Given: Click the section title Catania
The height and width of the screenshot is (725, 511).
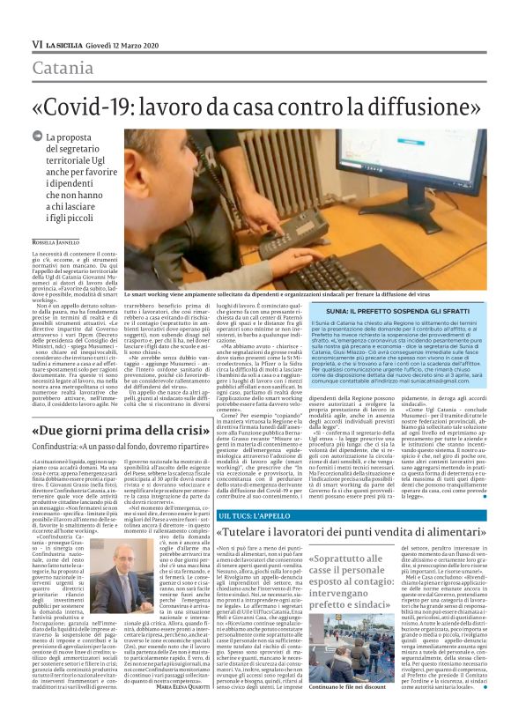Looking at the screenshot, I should tap(65, 66).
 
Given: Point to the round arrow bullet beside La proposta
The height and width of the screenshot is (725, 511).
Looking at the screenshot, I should tap(37, 136).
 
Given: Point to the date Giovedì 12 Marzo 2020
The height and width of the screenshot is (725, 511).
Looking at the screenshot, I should tap(123, 42).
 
